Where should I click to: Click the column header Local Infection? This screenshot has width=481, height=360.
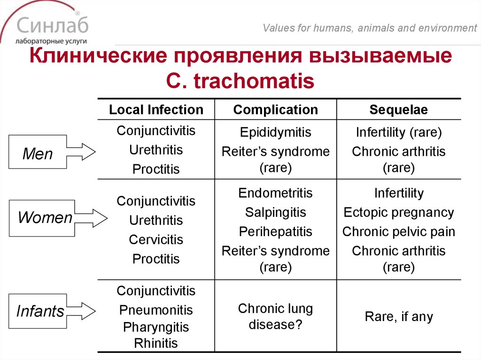[156, 110]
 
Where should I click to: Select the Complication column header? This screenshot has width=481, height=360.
[275, 110]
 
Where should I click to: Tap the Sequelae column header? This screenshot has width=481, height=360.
[398, 110]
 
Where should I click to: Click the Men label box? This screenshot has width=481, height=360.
[38, 153]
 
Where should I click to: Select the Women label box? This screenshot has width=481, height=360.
[42, 218]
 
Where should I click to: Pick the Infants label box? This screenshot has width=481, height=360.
[40, 311]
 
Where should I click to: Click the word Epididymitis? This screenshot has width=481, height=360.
[275, 132]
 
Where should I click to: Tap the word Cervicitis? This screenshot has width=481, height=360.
[156, 240]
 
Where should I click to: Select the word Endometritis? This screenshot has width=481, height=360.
[275, 193]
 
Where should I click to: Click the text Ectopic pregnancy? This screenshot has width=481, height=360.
[398, 213]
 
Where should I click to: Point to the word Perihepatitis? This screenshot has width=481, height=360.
[275, 232]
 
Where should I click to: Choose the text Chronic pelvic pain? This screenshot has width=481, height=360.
[398, 232]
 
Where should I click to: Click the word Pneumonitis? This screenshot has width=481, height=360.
[156, 310]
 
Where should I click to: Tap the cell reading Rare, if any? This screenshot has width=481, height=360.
[398, 317]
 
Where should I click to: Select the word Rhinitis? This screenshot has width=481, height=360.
[156, 343]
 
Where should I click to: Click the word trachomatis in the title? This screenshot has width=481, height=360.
[254, 81]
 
